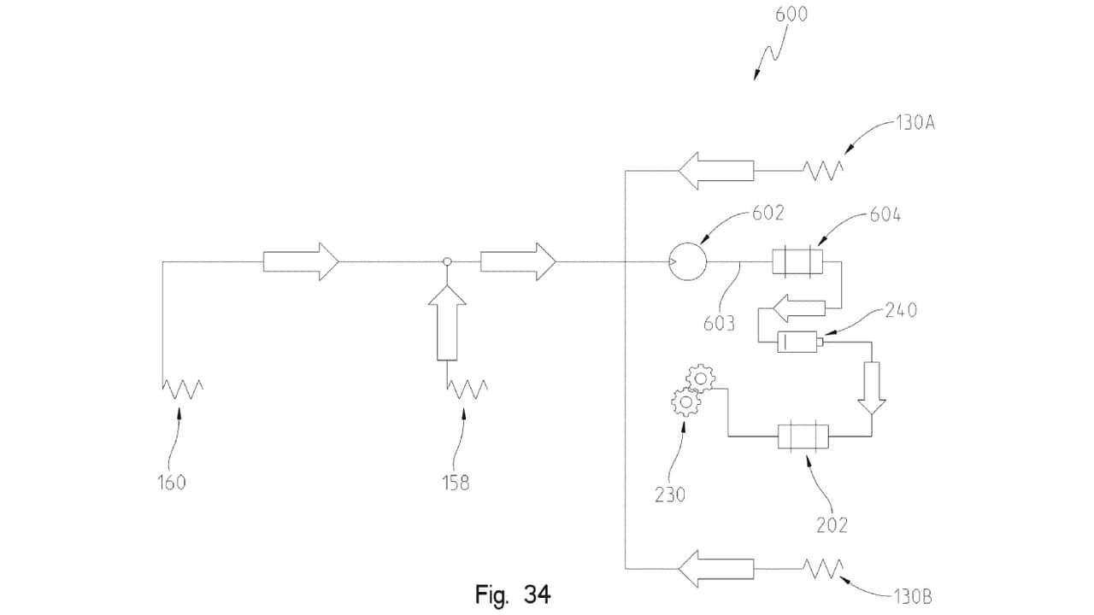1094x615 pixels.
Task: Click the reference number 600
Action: tap(791, 15)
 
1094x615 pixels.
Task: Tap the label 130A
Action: tap(915, 124)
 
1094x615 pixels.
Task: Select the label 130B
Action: tap(913, 596)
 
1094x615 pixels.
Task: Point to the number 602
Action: tap(768, 213)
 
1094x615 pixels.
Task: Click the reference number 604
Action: tap(885, 214)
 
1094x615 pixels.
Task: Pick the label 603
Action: tap(719, 323)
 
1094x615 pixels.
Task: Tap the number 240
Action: tap(901, 310)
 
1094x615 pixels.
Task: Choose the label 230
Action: tap(670, 495)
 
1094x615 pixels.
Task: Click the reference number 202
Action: tap(832, 525)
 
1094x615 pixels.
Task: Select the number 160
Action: tap(172, 483)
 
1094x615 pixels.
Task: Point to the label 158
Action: tap(456, 483)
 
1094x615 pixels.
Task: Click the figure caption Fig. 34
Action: tap(513, 594)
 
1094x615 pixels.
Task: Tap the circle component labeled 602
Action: tap(687, 261)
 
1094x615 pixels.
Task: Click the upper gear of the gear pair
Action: tap(701, 378)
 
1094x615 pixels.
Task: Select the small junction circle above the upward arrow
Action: tap(447, 261)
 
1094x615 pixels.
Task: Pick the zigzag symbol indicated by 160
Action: tap(183, 389)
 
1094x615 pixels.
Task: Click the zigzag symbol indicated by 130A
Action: tap(823, 171)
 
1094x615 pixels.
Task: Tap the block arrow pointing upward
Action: tap(447, 323)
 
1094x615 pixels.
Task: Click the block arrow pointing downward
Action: tap(872, 388)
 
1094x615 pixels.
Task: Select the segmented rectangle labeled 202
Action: tap(803, 436)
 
